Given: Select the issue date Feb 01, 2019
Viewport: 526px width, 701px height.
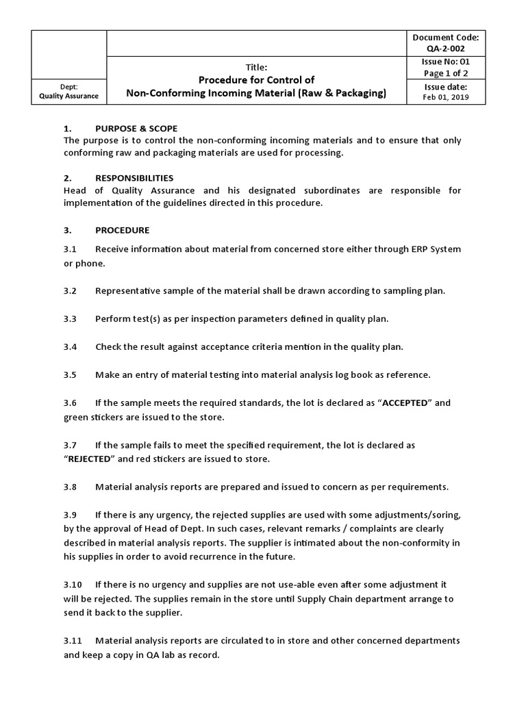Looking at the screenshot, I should coord(446,98).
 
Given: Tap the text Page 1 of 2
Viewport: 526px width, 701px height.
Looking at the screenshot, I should coord(446,73).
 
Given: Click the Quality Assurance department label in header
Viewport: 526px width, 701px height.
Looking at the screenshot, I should coord(68,96).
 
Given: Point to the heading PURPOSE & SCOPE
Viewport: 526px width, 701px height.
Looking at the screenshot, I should coord(136,129).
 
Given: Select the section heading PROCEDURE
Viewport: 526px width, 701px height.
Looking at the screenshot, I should coord(122,230).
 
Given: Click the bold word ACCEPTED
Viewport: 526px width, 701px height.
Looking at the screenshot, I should coord(403,403).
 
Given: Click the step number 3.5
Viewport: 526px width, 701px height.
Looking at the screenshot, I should coord(71,374).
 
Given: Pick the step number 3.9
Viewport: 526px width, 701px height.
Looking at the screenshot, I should coord(71,515).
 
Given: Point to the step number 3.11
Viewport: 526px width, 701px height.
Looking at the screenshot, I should coord(73,641).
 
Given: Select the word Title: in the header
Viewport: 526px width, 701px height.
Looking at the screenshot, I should coord(256,67).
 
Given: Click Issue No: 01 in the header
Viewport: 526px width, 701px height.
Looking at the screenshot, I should coord(446,62).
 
